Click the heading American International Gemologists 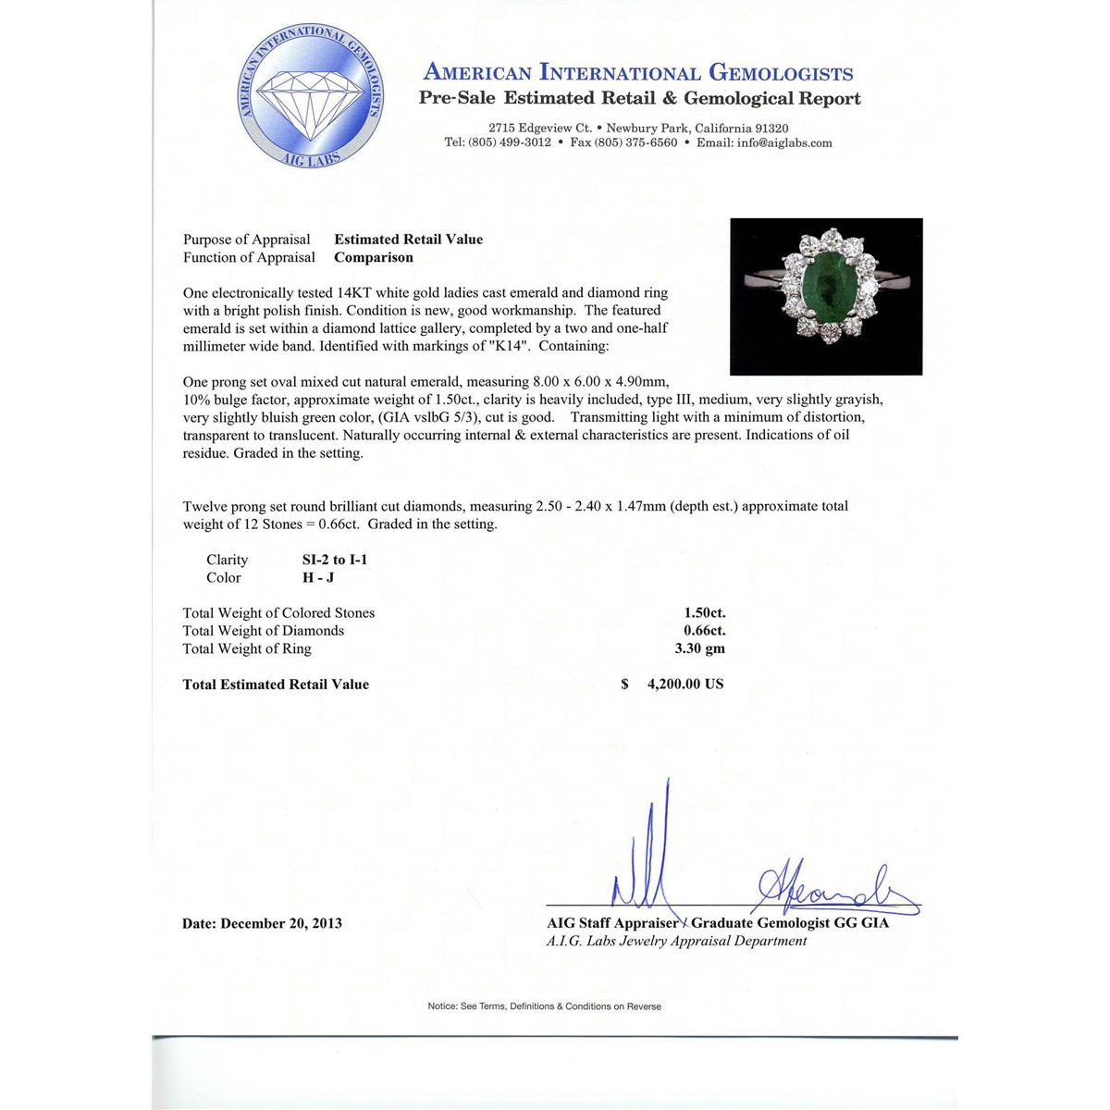tap(638, 73)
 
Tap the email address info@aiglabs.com tap(784, 143)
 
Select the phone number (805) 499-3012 tap(511, 143)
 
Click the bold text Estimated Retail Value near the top tap(408, 240)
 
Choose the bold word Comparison tap(374, 258)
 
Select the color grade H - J tap(318, 578)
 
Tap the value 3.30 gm tap(699, 648)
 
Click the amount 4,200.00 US tap(685, 684)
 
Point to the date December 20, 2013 tap(281, 923)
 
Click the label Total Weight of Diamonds tap(264, 631)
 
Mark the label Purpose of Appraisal tap(247, 240)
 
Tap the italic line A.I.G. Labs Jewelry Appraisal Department tap(676, 941)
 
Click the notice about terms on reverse tap(544, 1006)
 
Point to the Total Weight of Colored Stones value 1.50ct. tap(705, 613)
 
